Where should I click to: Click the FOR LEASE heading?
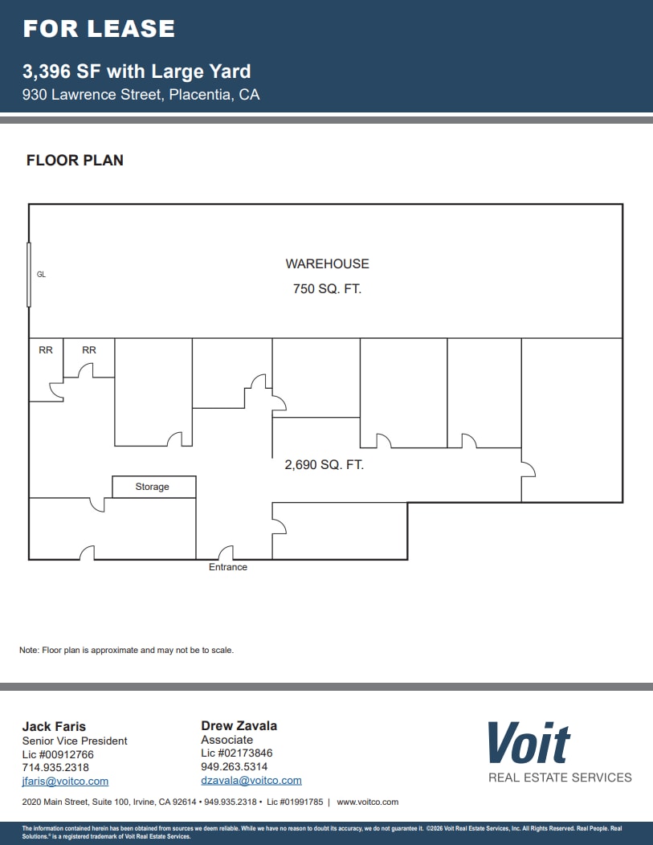coord(99,29)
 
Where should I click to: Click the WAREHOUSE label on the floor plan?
coord(327,263)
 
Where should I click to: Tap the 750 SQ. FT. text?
coord(327,288)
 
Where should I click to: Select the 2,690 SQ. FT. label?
coord(324,464)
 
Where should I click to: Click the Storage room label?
coord(152,487)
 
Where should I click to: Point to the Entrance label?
coord(228,567)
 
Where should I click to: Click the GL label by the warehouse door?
coord(41,274)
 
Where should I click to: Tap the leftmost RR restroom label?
coord(46,349)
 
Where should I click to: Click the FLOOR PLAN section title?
coord(75,160)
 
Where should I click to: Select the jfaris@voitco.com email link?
coord(65,781)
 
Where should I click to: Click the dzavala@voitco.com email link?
coord(251,780)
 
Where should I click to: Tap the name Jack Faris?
coord(54,726)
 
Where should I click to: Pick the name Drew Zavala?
coord(239,725)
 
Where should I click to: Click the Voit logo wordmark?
coord(529,743)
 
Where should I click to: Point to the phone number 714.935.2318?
coord(55,767)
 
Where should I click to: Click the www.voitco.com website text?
coord(367,802)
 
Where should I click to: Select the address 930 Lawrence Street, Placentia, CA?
coord(141,94)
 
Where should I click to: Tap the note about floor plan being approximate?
coord(126,650)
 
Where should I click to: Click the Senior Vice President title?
coord(75,741)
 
